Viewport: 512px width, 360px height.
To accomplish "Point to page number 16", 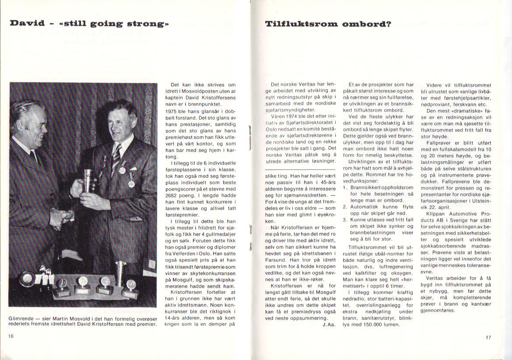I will tap(11, 335).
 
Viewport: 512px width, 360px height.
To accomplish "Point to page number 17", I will tap(488, 337).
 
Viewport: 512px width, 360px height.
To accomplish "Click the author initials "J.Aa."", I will tap(328, 325).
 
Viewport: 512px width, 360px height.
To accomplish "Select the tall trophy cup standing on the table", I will tap(120, 272).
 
